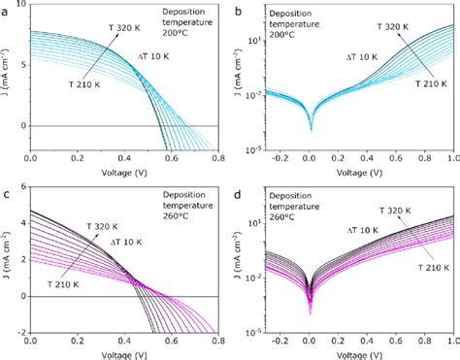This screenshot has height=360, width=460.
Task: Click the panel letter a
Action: coord(5,8)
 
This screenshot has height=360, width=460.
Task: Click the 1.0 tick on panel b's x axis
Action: coord(451,161)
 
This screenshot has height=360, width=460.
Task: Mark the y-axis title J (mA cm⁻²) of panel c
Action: coord(7,260)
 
